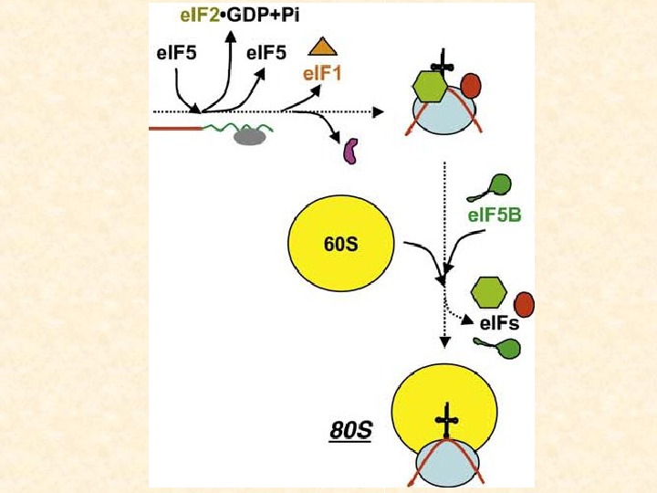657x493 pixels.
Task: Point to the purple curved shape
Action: pos(349,150)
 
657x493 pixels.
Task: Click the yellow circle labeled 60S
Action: pos(339,246)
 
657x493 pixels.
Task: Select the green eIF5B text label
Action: pos(494,216)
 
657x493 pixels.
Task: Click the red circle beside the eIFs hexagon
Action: pos(524,302)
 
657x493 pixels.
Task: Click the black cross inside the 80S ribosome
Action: pos(445,422)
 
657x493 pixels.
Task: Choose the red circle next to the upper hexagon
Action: pos(471,86)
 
